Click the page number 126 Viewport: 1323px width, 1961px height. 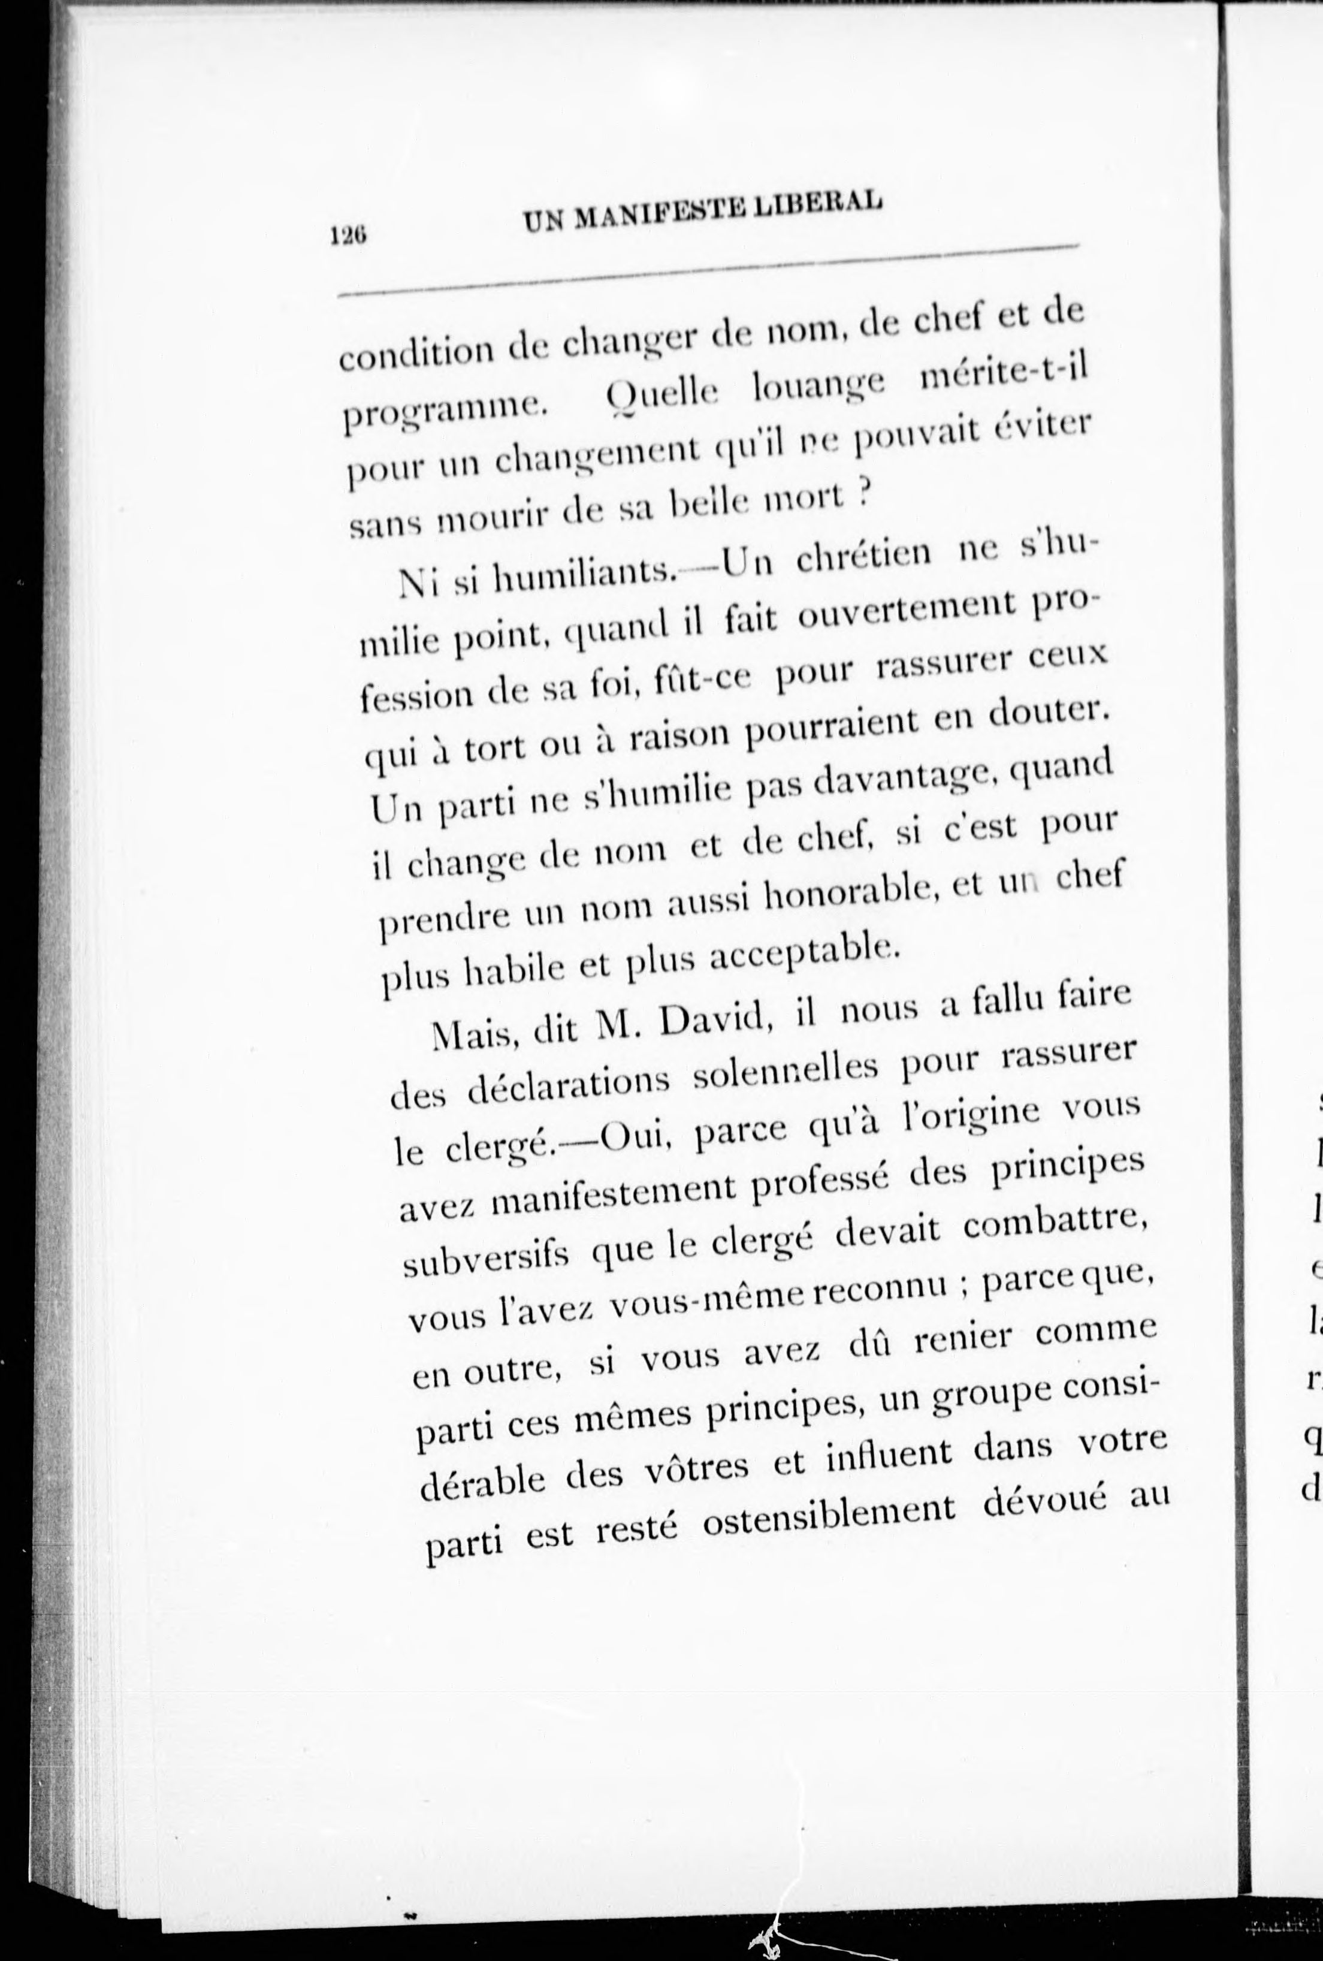coord(348,236)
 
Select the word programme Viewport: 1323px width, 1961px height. coord(446,411)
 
